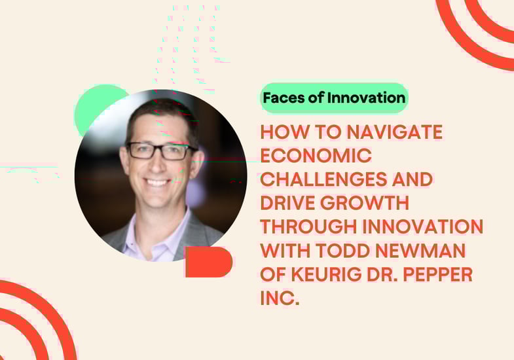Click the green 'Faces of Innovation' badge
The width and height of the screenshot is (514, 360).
[334, 98]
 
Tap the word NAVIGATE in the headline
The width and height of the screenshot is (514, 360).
[395, 132]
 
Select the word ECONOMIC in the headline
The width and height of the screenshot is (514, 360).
[316, 155]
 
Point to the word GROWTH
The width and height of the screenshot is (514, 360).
[365, 203]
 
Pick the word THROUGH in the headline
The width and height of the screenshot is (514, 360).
[308, 226]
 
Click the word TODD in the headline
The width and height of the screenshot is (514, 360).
[343, 250]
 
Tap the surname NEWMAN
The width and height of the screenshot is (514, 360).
[420, 250]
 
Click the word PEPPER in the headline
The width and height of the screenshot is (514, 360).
[437, 274]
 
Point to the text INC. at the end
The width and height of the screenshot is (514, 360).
[280, 298]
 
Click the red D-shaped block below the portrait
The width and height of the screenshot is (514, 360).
[209, 262]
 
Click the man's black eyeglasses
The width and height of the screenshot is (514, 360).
[161, 151]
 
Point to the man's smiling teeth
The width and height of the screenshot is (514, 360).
[157, 182]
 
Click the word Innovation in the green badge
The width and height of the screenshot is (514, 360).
[366, 98]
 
